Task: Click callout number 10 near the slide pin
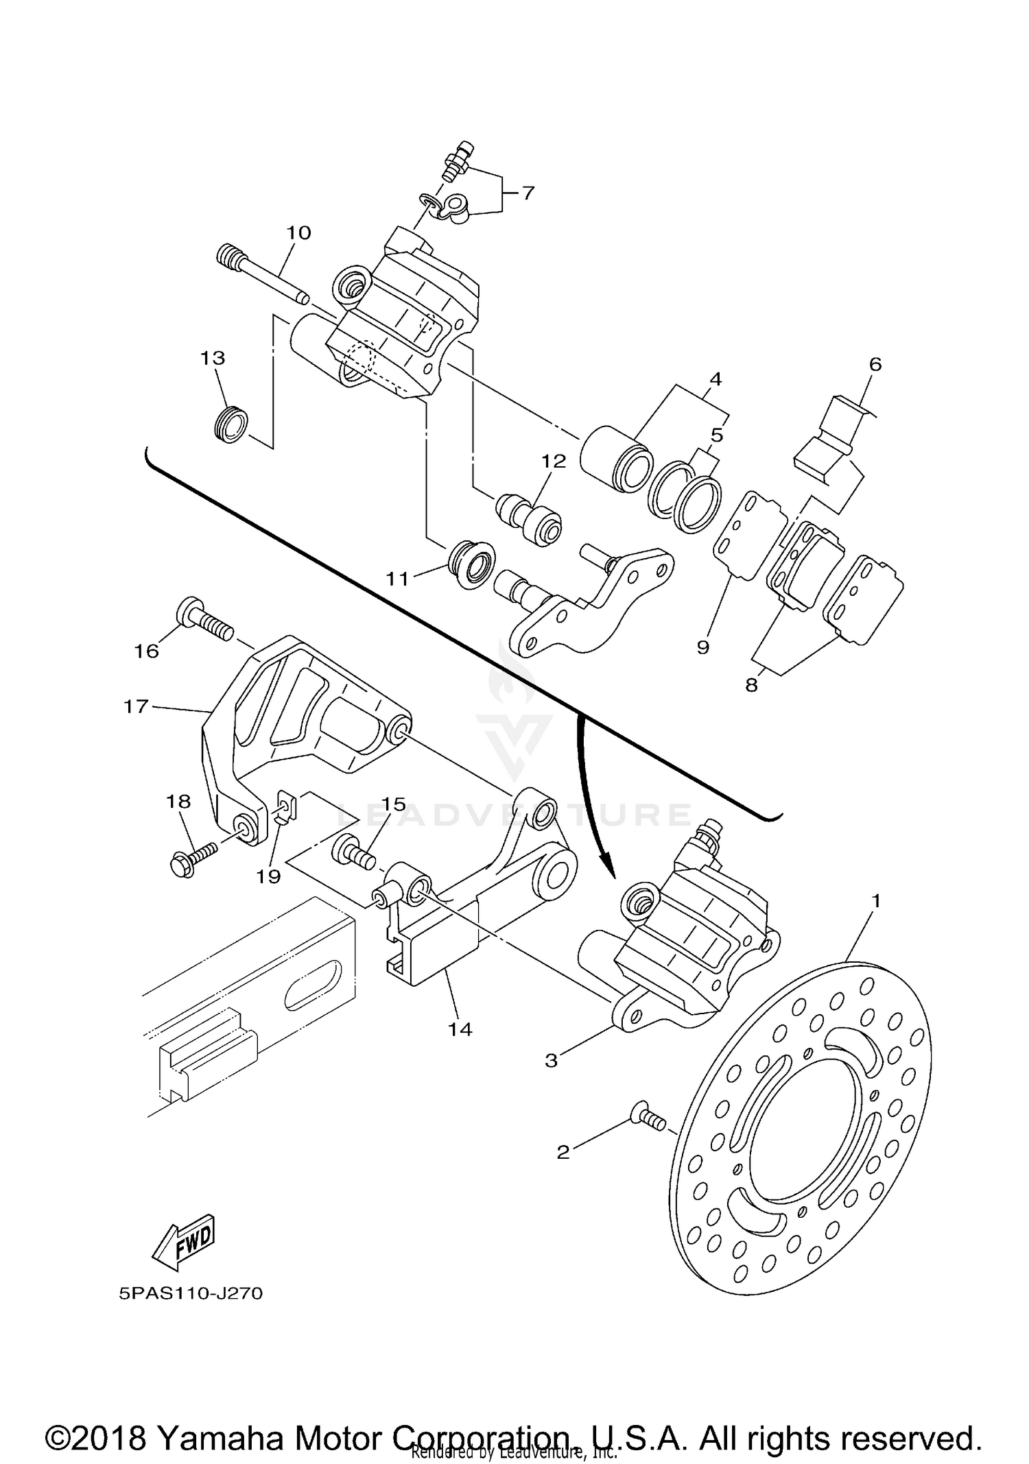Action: [x=298, y=232]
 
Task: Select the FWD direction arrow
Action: [x=183, y=1243]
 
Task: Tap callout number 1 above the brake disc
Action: [x=875, y=900]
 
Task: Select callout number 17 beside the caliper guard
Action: [x=136, y=706]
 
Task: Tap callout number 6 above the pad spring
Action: [x=875, y=364]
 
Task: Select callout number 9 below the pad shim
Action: [x=703, y=646]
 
